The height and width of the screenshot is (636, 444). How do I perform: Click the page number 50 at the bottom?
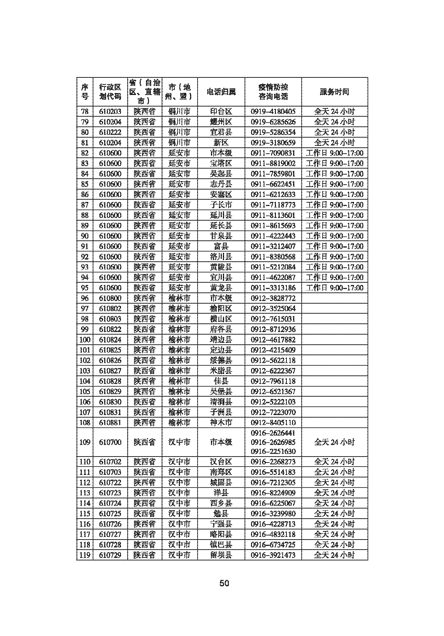tap(224, 583)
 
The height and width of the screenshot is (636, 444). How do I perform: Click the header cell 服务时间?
tap(335, 92)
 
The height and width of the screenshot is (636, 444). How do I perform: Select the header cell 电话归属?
tap(221, 92)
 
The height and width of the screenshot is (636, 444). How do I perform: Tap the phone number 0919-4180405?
tap(273, 111)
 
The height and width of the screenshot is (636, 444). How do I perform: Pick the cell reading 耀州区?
tap(221, 122)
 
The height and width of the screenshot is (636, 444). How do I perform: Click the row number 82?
tap(85, 153)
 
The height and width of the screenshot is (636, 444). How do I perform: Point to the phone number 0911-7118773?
tap(273, 205)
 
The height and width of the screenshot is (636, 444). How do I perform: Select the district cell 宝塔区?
tap(221, 163)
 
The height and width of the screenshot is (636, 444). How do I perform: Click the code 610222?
tap(110, 132)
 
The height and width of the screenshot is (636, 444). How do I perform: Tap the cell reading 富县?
tap(221, 246)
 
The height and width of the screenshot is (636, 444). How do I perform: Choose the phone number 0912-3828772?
tap(273, 298)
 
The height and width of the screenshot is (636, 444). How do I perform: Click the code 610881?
tap(110, 423)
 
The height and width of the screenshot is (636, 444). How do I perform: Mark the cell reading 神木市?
tap(221, 423)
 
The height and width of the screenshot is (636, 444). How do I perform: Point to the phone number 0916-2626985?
tap(273, 442)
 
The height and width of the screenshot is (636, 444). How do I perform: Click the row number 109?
tap(85, 442)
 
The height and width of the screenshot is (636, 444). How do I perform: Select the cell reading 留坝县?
tap(221, 555)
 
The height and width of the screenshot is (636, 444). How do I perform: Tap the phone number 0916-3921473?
tap(273, 555)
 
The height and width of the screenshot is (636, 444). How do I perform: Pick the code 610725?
tap(110, 514)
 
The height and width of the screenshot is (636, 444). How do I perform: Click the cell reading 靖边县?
tap(221, 339)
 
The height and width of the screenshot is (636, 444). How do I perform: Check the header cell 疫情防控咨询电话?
tap(273, 92)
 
